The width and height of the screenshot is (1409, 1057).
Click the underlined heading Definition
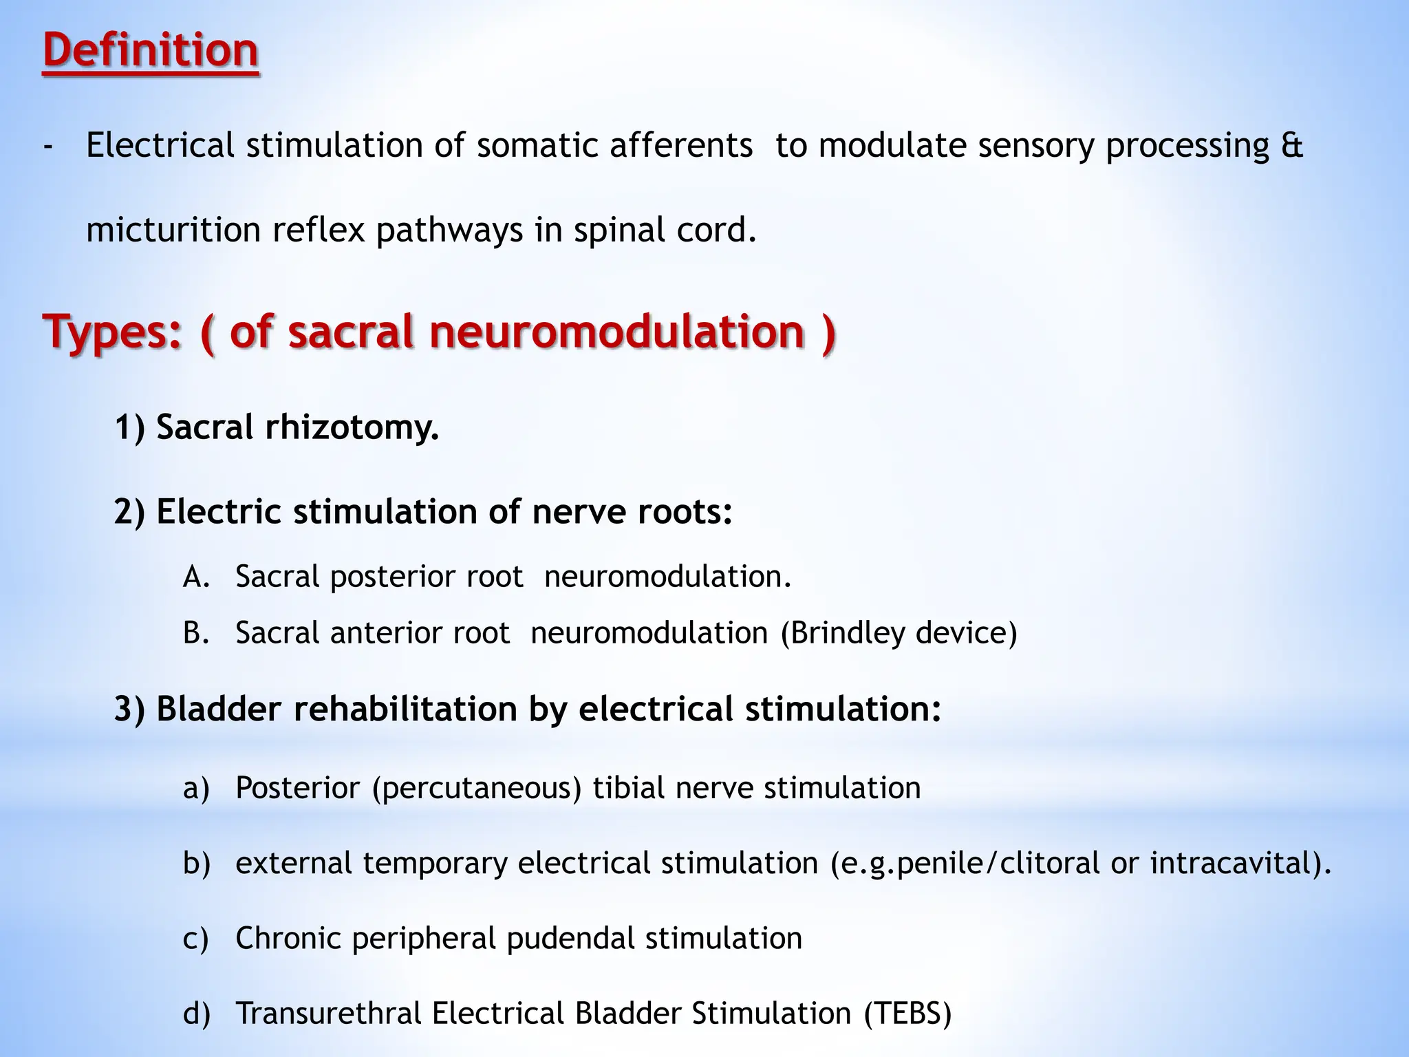[x=150, y=52]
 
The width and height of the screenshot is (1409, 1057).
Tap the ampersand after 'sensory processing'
[x=1292, y=146]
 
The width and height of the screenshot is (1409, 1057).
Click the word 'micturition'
[x=173, y=230]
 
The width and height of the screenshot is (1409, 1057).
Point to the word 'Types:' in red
[x=112, y=332]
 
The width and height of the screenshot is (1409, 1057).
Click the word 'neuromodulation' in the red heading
[x=616, y=332]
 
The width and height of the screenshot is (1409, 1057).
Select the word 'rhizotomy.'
[x=352, y=427]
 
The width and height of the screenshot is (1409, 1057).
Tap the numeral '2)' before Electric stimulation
[x=129, y=512]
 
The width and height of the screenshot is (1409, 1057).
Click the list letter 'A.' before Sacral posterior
[x=196, y=577]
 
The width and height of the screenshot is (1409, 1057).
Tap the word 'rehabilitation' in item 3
[x=405, y=709]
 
